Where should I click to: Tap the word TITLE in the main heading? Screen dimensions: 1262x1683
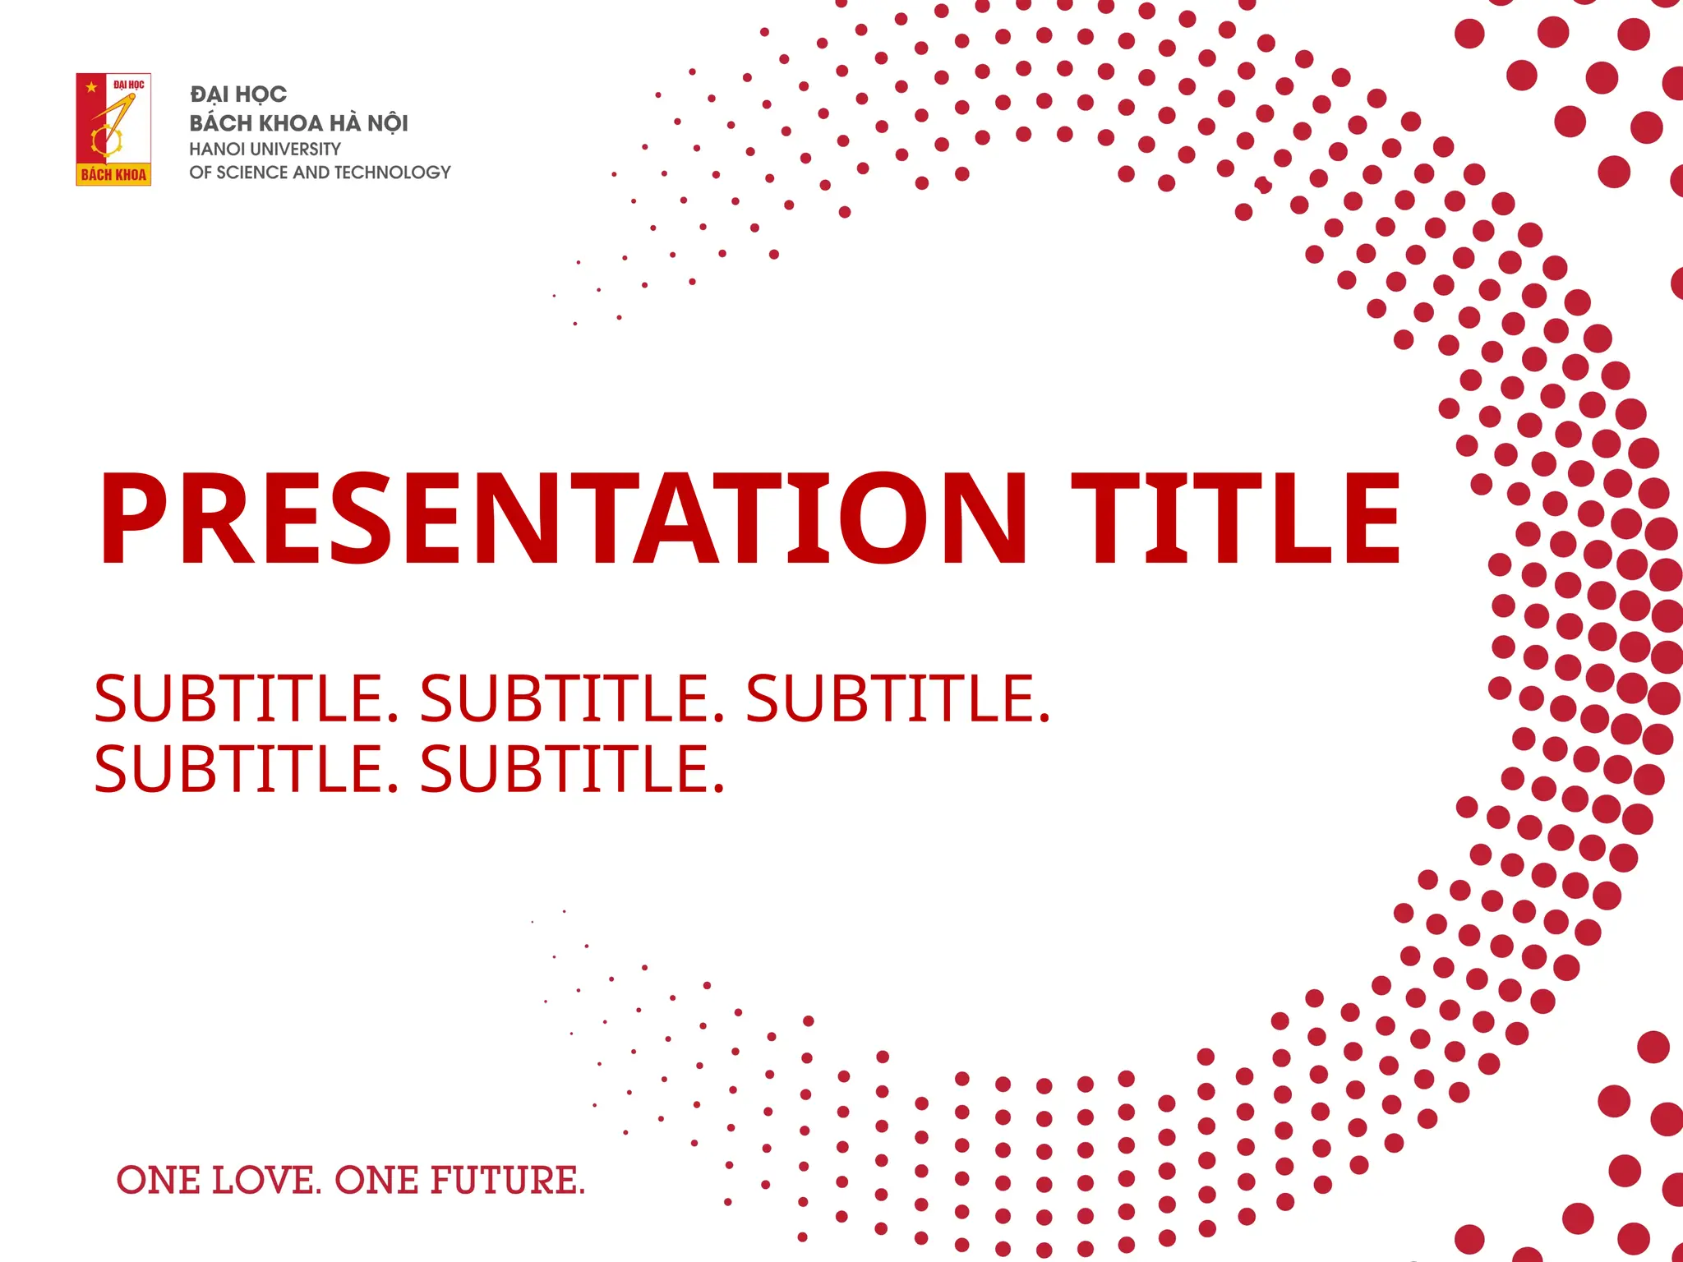click(1236, 519)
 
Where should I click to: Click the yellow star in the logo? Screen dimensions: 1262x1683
click(91, 87)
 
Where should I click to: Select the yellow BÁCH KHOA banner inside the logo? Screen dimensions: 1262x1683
click(113, 174)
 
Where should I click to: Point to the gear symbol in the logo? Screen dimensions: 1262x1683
click(107, 141)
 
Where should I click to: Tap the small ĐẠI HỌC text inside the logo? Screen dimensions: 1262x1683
click(129, 85)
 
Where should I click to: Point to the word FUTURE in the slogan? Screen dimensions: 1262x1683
click(508, 1181)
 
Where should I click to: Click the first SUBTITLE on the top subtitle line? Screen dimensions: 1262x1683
click(246, 698)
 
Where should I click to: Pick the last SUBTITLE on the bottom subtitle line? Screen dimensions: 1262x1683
click(572, 769)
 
